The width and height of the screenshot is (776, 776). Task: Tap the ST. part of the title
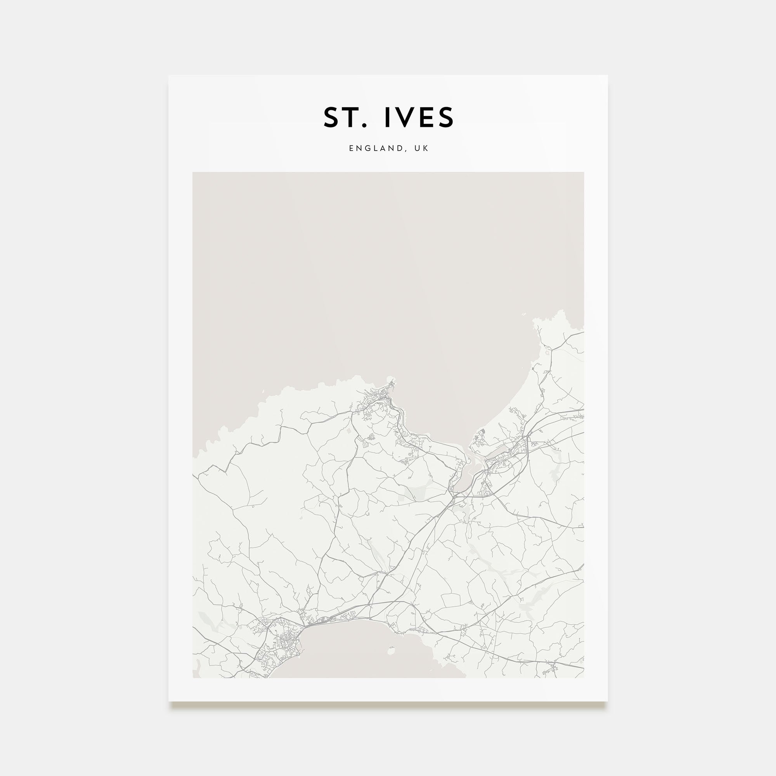coord(345,117)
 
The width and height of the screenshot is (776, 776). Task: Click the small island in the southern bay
coord(390,650)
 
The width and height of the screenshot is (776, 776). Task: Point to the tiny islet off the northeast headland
coord(524,315)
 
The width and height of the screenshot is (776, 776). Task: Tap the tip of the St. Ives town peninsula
coord(390,379)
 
